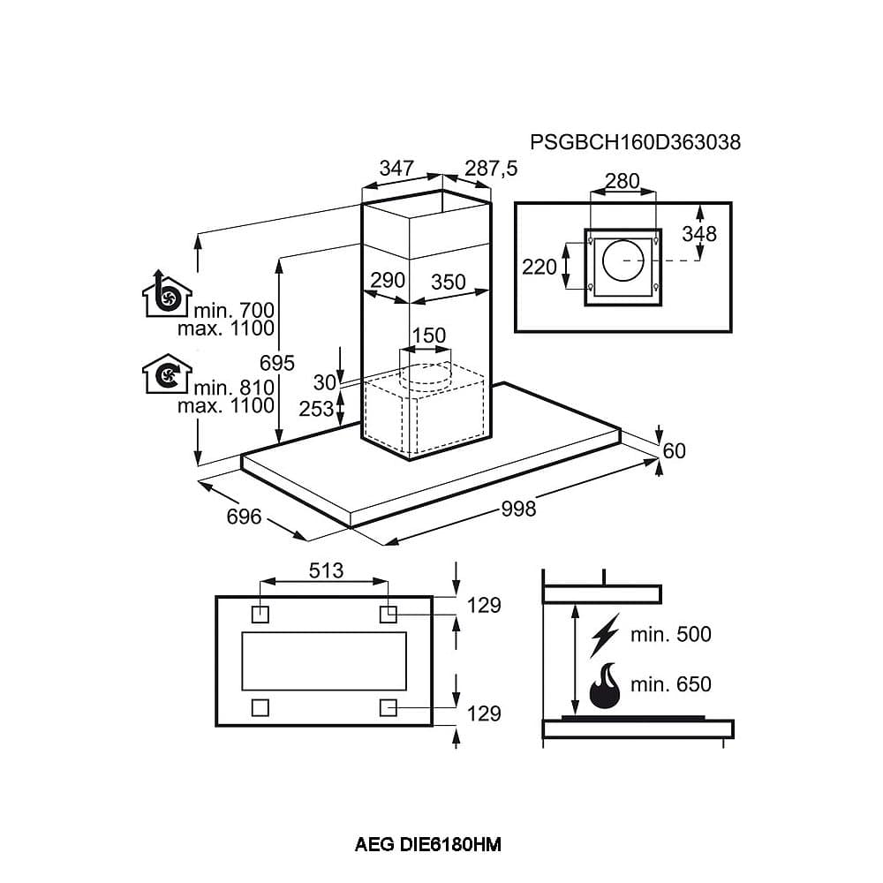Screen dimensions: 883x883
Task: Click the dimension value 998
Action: click(518, 509)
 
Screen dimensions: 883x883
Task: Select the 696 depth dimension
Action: click(244, 516)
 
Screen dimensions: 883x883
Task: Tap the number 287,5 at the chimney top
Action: click(491, 168)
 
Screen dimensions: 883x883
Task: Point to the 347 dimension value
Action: click(397, 168)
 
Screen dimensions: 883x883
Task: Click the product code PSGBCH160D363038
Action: click(635, 141)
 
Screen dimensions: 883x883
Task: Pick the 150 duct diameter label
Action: click(429, 336)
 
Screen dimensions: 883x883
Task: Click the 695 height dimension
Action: click(277, 363)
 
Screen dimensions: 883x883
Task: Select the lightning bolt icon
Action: click(605, 633)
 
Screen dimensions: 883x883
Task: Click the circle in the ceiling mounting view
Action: click(623, 261)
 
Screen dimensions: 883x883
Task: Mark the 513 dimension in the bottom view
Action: click(326, 570)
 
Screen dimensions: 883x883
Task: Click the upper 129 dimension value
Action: click(484, 605)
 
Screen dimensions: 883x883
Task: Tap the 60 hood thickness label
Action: click(674, 451)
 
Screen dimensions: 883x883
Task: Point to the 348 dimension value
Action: click(699, 234)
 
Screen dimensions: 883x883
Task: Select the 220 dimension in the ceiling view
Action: click(540, 265)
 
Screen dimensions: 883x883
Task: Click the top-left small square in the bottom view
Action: click(260, 612)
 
